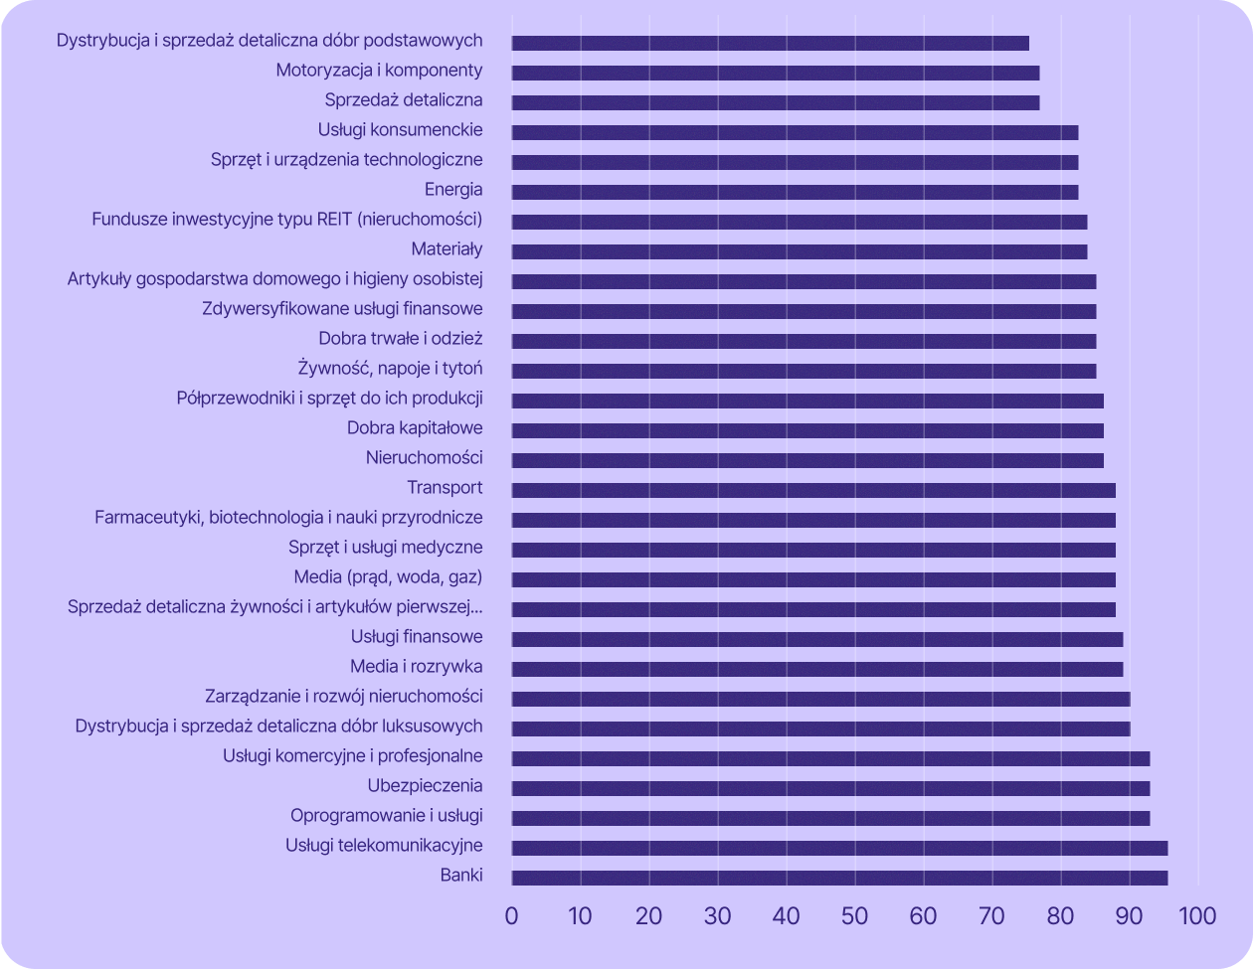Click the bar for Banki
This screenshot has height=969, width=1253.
tap(839, 878)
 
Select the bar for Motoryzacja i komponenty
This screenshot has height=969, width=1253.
tap(776, 73)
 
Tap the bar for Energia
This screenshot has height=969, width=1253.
tap(795, 192)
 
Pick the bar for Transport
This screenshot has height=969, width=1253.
tap(813, 490)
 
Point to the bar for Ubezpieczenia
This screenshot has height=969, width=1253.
tap(830, 788)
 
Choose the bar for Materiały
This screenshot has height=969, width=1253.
tap(800, 251)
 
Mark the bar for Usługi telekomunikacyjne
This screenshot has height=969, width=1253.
tap(839, 848)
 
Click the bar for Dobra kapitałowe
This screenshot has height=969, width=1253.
tap(807, 430)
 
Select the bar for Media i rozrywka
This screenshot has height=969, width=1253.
tap(817, 669)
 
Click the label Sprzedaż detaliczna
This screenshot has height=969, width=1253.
tap(404, 99)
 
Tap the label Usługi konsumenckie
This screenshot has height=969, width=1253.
tap(401, 129)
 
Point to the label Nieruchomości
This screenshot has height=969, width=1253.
tap(425, 457)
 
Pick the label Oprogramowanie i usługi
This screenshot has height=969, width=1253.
tap(387, 816)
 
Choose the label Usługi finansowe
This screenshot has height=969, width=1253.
tap(417, 636)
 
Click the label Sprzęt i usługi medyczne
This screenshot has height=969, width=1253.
tap(386, 547)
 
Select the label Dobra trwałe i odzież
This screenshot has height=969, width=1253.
tap(401, 338)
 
